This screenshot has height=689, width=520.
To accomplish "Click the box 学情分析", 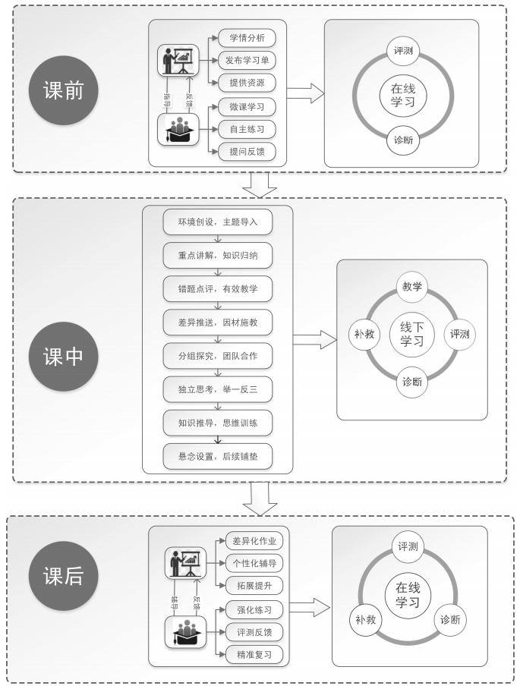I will click(x=247, y=37).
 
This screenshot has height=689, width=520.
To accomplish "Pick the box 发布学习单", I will click(x=247, y=59).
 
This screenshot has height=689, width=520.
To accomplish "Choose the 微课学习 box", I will click(x=247, y=106).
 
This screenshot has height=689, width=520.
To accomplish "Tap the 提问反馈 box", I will click(x=247, y=152).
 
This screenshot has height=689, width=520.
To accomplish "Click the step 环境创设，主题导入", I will click(x=217, y=222).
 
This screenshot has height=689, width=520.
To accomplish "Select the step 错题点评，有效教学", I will click(x=217, y=289).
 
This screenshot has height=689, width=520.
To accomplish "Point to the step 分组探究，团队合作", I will click(x=217, y=356).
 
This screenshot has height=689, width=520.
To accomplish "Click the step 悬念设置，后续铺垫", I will click(x=217, y=456).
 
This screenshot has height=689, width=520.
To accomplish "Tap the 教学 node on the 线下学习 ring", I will click(x=412, y=287).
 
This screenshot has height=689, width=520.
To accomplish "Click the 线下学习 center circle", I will click(x=412, y=335).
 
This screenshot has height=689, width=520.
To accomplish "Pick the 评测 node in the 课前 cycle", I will click(x=403, y=52).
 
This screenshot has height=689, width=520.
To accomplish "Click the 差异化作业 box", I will click(x=254, y=540).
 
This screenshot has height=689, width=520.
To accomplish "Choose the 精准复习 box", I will click(x=254, y=654).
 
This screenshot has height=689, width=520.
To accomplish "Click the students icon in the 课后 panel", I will click(x=185, y=631).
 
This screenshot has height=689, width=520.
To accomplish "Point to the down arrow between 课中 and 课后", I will click(x=262, y=497).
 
